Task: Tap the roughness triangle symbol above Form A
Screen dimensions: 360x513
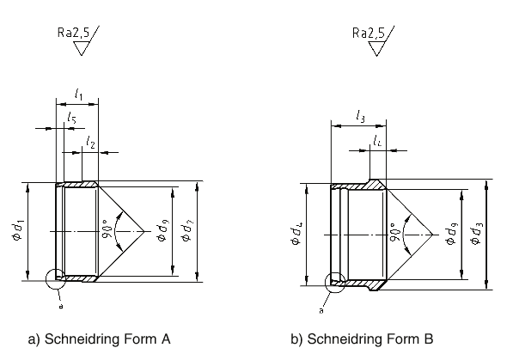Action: (x=83, y=47)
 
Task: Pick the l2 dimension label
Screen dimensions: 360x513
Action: (x=91, y=142)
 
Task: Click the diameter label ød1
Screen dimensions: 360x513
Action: (x=18, y=231)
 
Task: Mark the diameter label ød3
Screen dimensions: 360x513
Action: (x=476, y=231)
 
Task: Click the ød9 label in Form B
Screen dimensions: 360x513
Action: (x=450, y=231)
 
